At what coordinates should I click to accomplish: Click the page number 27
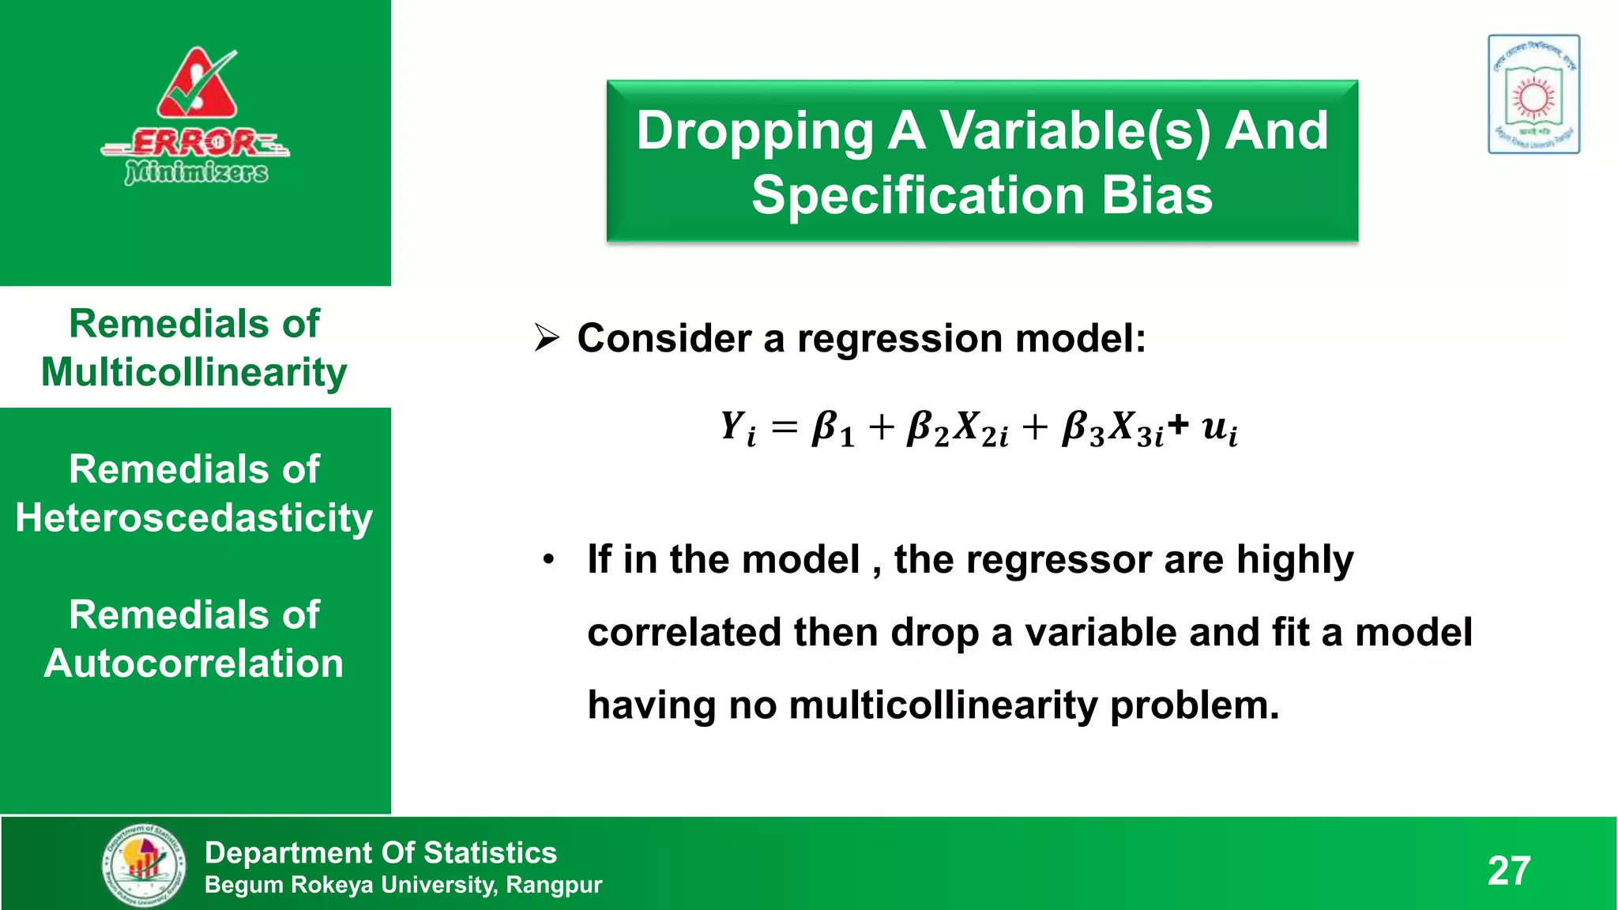coord(1509,871)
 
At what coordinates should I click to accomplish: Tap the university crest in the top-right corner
coord(1533,94)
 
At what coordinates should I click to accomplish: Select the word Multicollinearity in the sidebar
coord(194,372)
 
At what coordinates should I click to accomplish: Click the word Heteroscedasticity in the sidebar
coord(194,518)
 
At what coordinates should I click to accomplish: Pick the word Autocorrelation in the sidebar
coord(194,664)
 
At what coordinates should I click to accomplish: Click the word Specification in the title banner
coord(918,195)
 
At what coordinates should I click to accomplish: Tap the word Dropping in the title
coord(754,131)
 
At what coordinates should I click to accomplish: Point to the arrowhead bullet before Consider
coord(547,338)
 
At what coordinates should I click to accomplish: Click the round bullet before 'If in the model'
coord(549,560)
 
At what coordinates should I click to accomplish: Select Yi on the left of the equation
coord(738,429)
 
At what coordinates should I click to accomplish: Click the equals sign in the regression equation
coord(785,429)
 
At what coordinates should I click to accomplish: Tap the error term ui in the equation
coord(1219,429)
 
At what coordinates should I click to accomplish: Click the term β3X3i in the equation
coord(1112,429)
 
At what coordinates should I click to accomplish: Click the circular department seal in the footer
coord(145,865)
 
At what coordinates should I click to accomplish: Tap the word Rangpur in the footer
coord(553,885)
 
